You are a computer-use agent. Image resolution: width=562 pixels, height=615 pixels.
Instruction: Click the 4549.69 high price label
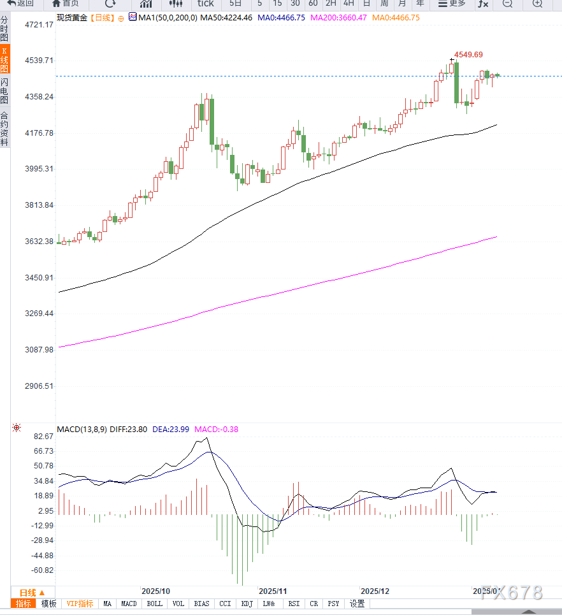468,55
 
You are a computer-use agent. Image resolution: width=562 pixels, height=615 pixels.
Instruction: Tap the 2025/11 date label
273,591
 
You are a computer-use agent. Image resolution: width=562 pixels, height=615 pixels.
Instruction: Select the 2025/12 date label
375,591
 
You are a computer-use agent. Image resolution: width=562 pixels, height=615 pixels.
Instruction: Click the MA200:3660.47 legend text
338,18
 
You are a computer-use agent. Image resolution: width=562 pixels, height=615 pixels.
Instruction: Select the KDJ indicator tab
247,604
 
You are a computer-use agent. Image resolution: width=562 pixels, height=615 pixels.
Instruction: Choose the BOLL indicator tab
155,604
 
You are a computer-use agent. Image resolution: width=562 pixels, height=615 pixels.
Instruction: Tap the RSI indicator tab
294,604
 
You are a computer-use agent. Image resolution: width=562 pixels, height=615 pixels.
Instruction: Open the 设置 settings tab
357,604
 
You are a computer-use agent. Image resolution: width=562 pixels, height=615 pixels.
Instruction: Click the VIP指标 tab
80,604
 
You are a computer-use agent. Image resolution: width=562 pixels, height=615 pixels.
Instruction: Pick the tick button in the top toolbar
205,4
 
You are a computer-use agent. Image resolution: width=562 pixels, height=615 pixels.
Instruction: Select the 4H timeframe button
349,4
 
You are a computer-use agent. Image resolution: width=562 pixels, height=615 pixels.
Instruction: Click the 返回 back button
21,4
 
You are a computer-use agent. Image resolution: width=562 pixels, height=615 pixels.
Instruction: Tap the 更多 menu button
452,4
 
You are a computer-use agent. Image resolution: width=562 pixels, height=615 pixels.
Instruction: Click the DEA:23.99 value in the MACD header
171,430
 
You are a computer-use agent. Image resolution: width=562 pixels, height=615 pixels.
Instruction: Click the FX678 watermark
511,593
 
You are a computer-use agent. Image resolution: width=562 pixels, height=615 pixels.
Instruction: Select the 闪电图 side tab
4,91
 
